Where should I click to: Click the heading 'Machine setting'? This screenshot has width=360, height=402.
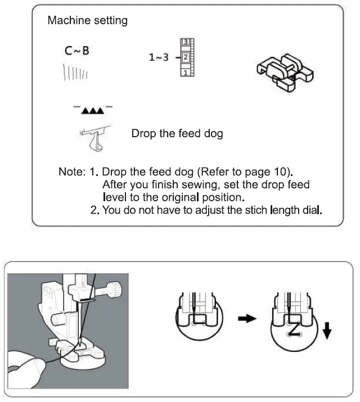point(87,21)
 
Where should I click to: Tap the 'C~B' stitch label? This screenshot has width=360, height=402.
point(76,52)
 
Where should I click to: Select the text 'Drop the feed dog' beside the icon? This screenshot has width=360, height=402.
point(177,134)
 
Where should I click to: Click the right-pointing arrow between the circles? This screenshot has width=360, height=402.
point(247,319)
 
